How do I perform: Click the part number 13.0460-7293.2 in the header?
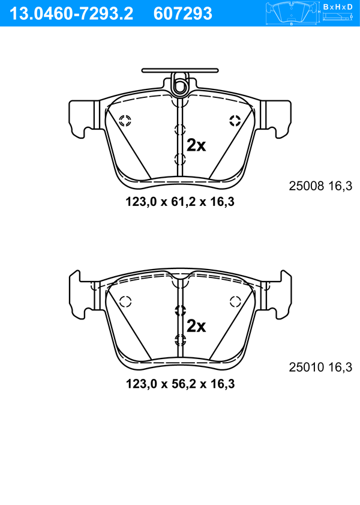pyautogui.click(x=71, y=14)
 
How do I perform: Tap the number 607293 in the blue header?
pyautogui.click(x=183, y=14)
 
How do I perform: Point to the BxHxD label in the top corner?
pyautogui.click(x=338, y=7)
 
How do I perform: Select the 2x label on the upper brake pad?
pyautogui.click(x=196, y=145)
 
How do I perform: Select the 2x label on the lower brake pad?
pyautogui.click(x=196, y=326)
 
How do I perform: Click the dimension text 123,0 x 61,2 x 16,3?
pyautogui.click(x=180, y=202)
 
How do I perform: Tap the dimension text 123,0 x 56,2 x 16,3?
pyautogui.click(x=180, y=384)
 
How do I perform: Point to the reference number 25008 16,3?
pyautogui.click(x=320, y=186)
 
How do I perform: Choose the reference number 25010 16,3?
pyautogui.click(x=320, y=367)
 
